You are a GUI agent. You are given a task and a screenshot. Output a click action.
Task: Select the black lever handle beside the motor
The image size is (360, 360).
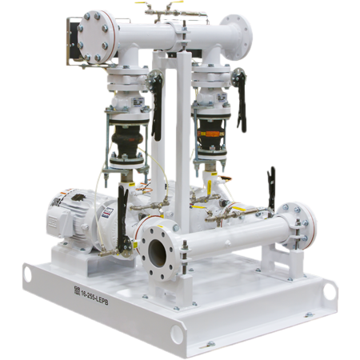pyautogui.click(x=122, y=216)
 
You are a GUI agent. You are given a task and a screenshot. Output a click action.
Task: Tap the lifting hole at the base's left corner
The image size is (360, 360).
pyautogui.click(x=30, y=274)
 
